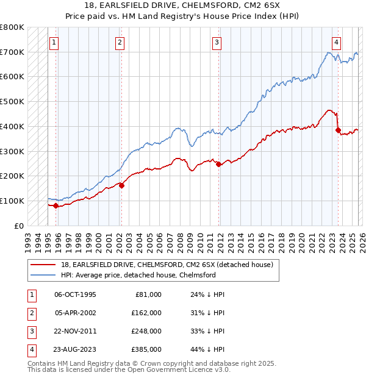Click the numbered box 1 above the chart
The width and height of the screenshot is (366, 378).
coord(55,42)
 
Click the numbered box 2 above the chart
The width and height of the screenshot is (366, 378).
coord(120,42)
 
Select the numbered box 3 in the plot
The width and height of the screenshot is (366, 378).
coord(217,42)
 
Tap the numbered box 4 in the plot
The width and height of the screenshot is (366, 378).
coord(336,42)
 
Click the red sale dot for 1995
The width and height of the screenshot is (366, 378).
coord(56,205)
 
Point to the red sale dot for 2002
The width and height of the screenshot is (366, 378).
coord(121,185)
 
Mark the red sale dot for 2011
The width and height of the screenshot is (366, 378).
coord(219,164)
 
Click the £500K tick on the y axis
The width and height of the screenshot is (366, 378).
coord(12,101)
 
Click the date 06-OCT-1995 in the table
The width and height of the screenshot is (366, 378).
coord(75,294)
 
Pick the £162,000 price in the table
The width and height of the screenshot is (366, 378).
coord(146,312)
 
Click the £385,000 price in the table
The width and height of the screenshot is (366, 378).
coord(146,349)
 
